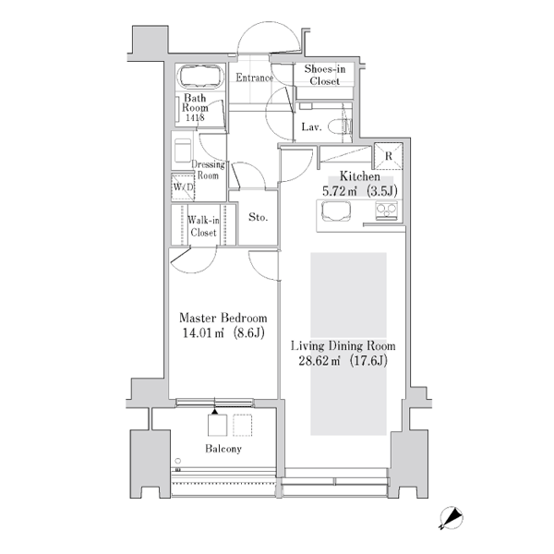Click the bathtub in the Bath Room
point(201,76)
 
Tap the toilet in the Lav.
point(340,126)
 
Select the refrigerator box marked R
point(389,156)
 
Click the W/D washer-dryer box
point(183,187)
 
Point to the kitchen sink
point(336,211)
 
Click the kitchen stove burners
point(387,211)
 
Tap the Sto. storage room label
point(258,217)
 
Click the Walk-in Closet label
point(203,226)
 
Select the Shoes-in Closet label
point(325,75)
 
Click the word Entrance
point(255,78)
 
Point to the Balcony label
point(223,449)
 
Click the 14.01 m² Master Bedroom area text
point(223,333)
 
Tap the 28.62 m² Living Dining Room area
point(343,361)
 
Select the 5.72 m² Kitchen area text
point(360,191)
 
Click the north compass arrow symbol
point(452,518)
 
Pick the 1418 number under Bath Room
point(195,117)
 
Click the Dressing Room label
point(208,170)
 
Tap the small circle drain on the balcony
point(178,461)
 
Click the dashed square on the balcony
point(242,426)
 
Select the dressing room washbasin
point(183,151)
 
